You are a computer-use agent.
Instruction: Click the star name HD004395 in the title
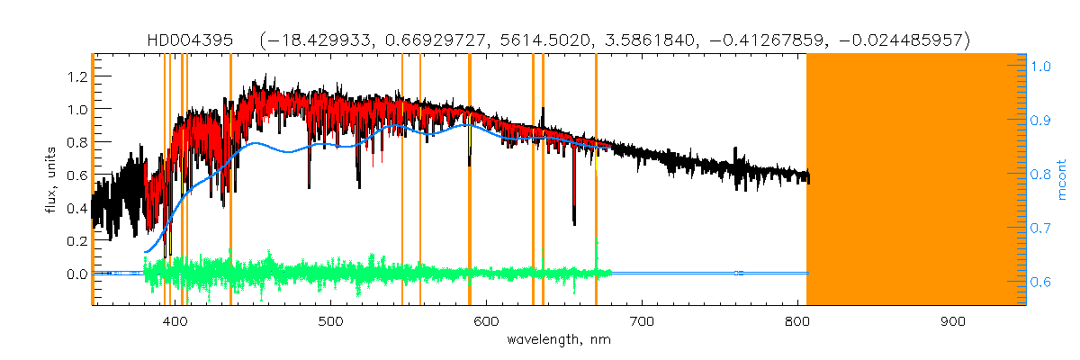(192, 40)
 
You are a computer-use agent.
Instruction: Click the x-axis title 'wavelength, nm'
(559, 340)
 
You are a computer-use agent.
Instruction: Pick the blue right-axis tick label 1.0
(1041, 66)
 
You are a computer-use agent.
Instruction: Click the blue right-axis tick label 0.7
(1041, 229)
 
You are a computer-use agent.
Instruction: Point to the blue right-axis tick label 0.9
(1041, 120)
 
